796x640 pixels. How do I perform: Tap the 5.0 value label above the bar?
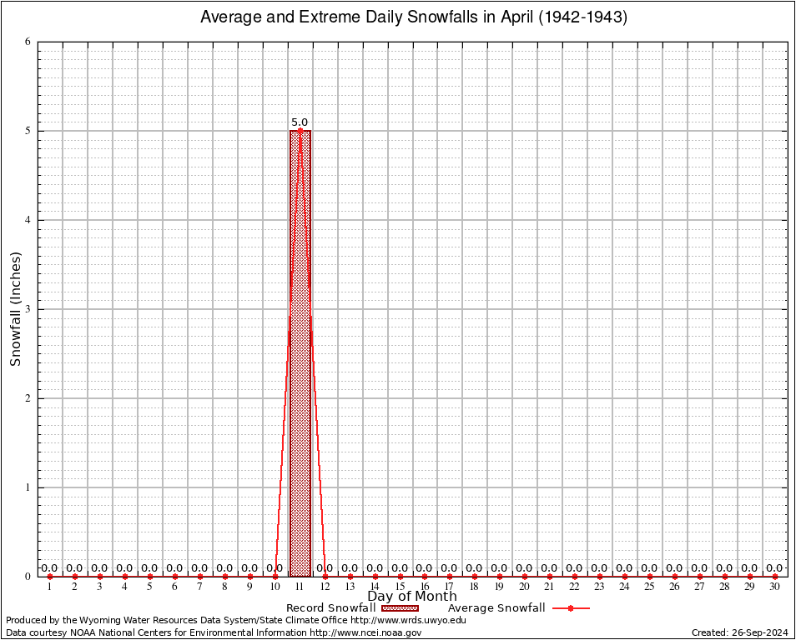(x=300, y=122)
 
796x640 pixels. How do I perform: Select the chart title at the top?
(x=414, y=17)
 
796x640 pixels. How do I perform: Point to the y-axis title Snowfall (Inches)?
(x=15, y=308)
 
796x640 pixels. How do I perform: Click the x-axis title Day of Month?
(x=412, y=596)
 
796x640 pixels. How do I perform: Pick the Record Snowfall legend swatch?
(x=399, y=608)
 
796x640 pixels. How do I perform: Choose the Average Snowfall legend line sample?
(x=570, y=608)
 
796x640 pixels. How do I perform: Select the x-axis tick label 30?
(x=775, y=587)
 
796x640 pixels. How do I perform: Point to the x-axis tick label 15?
(x=400, y=587)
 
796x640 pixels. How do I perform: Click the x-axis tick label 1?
(x=50, y=587)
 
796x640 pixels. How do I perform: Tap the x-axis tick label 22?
(x=575, y=587)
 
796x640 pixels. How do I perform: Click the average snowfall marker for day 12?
(x=325, y=576)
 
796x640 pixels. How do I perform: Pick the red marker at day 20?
(x=525, y=576)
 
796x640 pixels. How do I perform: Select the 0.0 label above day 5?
(x=149, y=568)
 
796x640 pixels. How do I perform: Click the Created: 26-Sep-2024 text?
(x=740, y=632)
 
